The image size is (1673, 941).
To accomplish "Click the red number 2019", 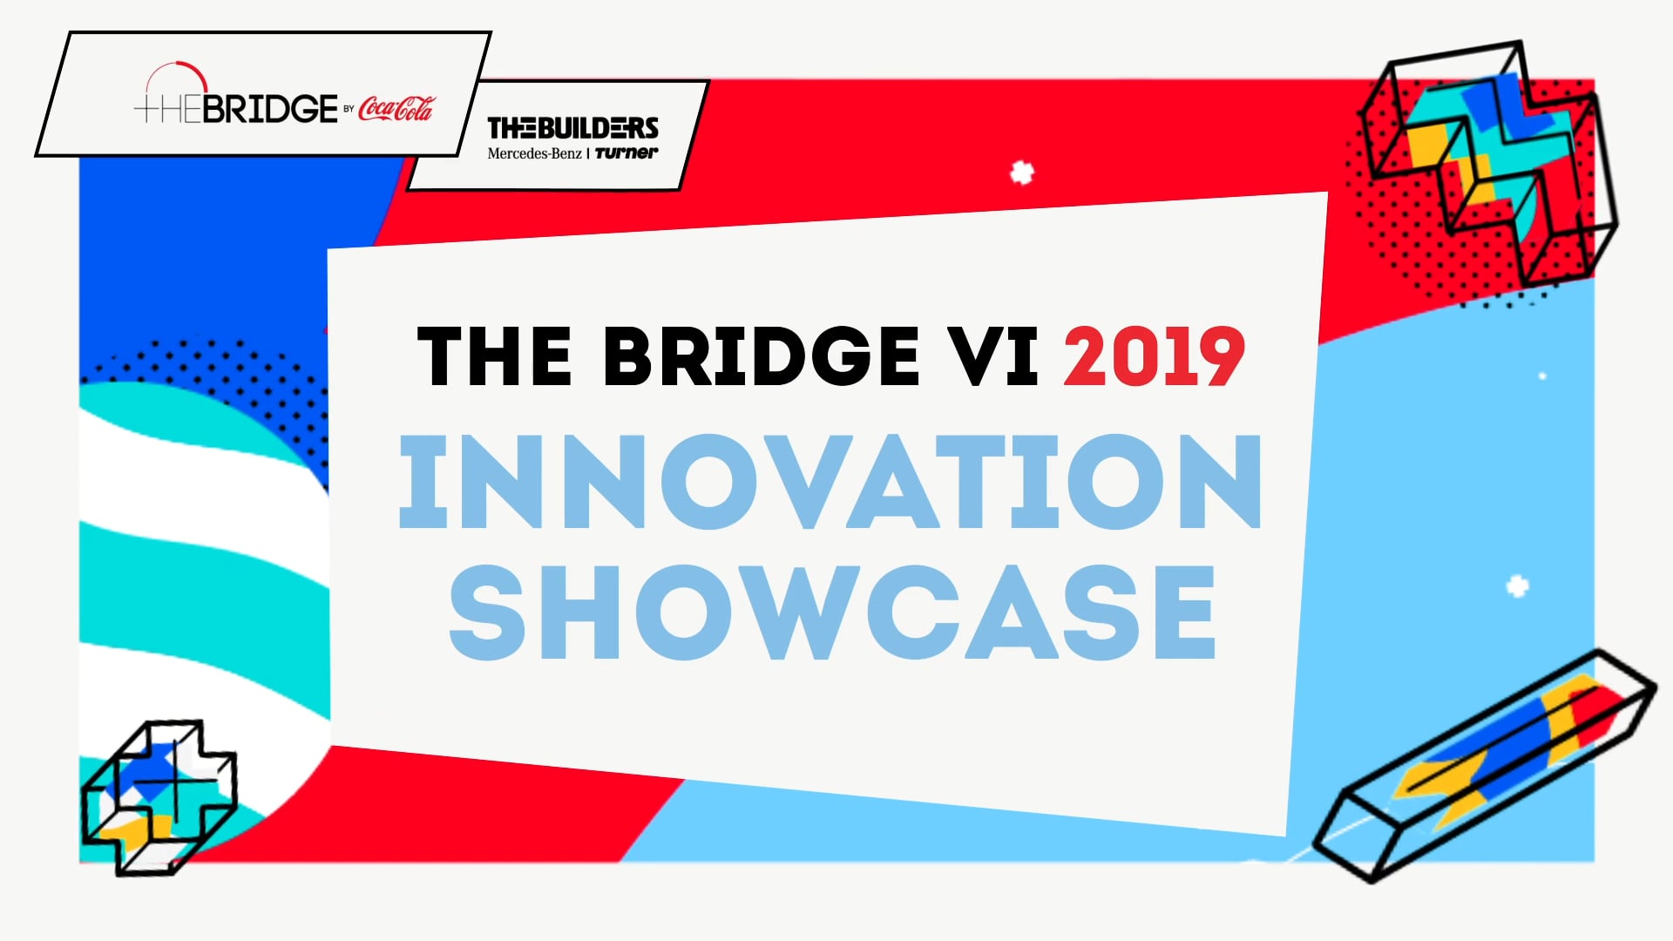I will (1154, 356).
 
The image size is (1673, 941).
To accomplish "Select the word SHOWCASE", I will (832, 612).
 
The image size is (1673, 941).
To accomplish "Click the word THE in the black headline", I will (494, 356).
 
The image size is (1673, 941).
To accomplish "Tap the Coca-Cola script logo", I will (396, 109).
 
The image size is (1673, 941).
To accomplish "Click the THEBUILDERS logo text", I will (572, 128).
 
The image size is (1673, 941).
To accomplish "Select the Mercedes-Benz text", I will (534, 154).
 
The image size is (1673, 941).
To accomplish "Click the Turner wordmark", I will (627, 153).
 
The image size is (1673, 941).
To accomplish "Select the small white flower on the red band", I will (1022, 173).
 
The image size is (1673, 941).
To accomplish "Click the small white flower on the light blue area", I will (1517, 586).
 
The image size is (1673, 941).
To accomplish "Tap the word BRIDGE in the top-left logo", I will (270, 109).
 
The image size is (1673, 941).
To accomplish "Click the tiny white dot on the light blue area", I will (1542, 376).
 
